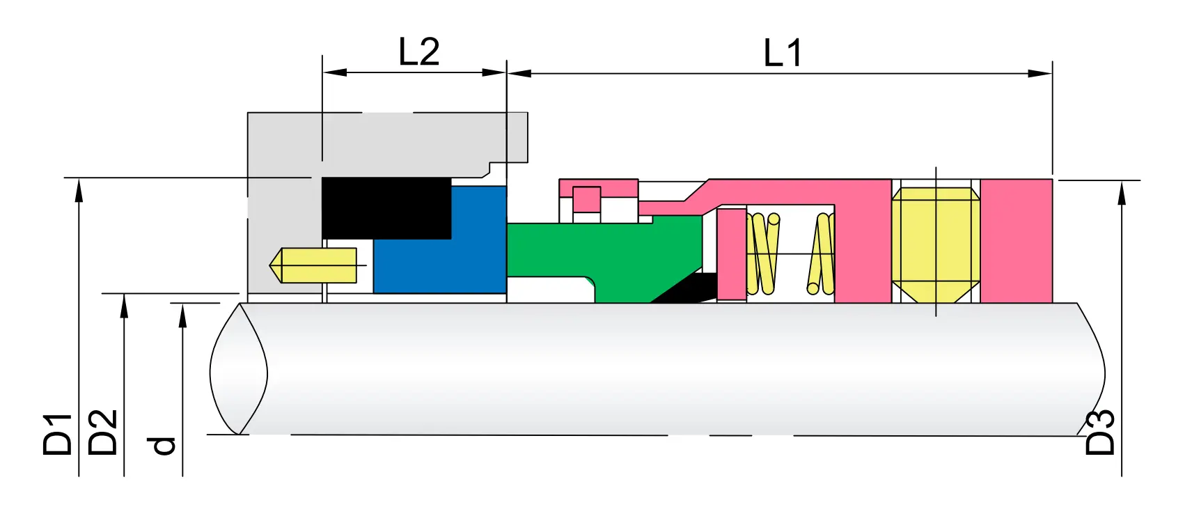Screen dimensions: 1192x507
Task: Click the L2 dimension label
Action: pos(419,52)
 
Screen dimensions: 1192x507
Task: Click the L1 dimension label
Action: pos(783,53)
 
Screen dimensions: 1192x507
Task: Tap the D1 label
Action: pos(58,434)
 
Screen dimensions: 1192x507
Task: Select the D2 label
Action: pos(102,432)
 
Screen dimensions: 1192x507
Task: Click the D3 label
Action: pos(1099,432)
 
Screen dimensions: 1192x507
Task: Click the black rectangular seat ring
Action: pos(386,208)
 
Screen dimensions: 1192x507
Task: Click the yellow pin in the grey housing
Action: pos(313,265)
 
